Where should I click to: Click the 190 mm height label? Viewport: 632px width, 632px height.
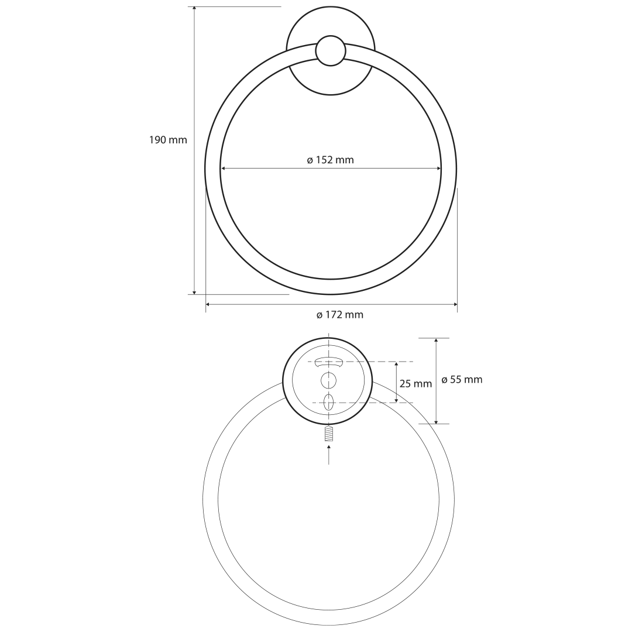[168, 140]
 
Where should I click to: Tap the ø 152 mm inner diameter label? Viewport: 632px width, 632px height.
[331, 160]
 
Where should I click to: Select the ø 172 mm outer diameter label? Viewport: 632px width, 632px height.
[340, 315]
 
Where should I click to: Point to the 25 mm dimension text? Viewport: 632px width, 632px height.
[415, 384]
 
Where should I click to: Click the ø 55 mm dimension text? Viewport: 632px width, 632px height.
[462, 380]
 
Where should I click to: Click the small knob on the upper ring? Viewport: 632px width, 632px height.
[331, 51]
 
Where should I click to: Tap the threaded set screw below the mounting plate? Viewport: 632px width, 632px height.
[329, 434]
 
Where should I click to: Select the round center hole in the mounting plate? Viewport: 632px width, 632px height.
[328, 380]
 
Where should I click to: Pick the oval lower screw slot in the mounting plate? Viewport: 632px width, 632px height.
[329, 402]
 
